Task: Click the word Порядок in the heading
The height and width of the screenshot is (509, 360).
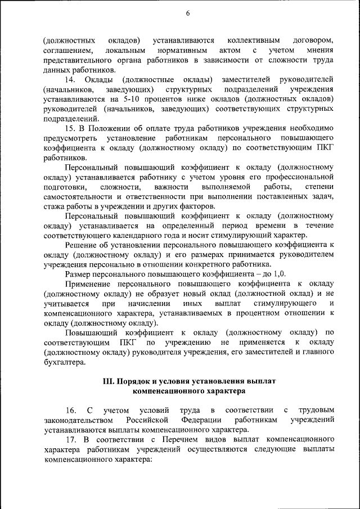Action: click(136, 381)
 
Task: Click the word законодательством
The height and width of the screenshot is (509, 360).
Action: click(79, 420)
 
